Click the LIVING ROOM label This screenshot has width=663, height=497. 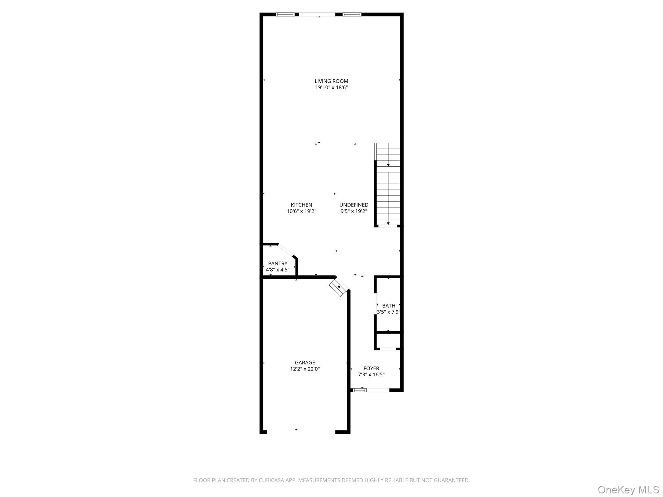(x=331, y=81)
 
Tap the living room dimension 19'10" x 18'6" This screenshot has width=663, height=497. (x=331, y=88)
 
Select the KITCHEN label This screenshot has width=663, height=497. (x=301, y=205)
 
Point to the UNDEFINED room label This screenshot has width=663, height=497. (x=354, y=205)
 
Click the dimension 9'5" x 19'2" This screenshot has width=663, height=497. (x=354, y=211)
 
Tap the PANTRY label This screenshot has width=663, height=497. (x=277, y=263)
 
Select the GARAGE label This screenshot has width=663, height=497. (x=305, y=362)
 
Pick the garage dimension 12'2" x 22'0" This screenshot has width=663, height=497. (x=305, y=369)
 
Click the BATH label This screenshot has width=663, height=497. (x=388, y=305)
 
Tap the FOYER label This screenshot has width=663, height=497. (x=371, y=368)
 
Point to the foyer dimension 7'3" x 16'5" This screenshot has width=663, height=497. (x=371, y=375)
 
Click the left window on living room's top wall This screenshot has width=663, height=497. (x=285, y=14)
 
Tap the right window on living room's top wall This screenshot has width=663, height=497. (x=352, y=14)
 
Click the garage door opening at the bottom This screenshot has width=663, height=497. (x=301, y=432)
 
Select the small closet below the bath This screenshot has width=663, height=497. (x=388, y=341)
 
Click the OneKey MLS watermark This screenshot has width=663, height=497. (x=628, y=490)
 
